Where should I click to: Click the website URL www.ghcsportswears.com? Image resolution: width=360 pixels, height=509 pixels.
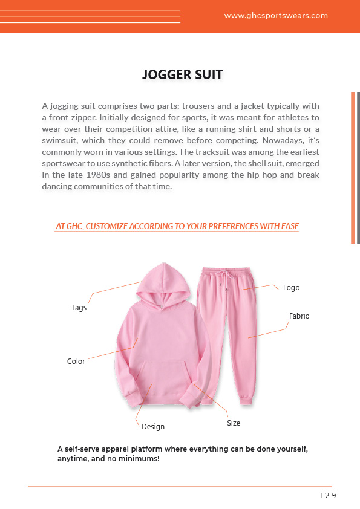tap(276, 16)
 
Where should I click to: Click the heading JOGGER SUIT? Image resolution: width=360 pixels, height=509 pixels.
tap(182, 75)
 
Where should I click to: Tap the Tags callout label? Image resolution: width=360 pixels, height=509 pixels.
tap(79, 308)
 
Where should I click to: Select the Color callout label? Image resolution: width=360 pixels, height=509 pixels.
tap(76, 361)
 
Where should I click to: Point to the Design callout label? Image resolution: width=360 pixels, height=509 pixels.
tap(153, 427)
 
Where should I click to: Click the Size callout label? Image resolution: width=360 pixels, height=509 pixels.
tap(234, 423)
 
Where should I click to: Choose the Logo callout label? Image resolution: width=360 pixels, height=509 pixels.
tap(291, 288)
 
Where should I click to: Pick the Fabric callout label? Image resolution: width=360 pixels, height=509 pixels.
tap(299, 316)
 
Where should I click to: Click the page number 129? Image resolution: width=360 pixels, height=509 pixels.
tap(327, 496)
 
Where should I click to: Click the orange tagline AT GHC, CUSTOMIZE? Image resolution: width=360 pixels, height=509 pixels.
tap(177, 227)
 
